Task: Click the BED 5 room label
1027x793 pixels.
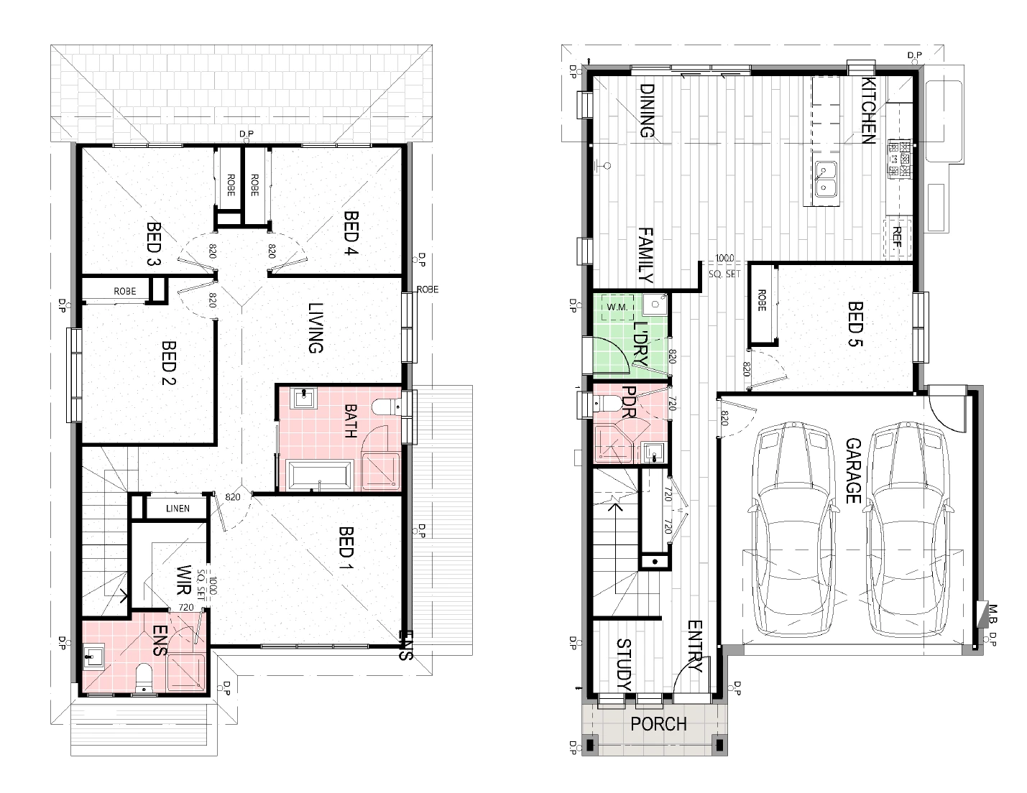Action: point(855,324)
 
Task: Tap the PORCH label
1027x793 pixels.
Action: point(658,723)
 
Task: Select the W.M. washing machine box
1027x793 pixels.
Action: point(617,307)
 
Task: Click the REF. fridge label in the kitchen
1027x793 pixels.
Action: point(897,237)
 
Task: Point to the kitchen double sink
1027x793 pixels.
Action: point(826,179)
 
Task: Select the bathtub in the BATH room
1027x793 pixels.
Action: point(321,475)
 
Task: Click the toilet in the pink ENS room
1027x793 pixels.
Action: point(143,678)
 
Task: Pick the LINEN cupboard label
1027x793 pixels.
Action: point(178,509)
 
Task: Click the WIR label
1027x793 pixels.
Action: point(183,580)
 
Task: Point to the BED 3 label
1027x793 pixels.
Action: point(154,244)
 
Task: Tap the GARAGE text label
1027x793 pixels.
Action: point(853,470)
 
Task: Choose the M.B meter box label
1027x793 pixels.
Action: point(992,613)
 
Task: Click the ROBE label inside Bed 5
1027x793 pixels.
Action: point(761,300)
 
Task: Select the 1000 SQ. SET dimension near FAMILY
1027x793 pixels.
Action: point(724,266)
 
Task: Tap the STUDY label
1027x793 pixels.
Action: point(625,664)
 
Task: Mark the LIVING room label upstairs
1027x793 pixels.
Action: point(316,328)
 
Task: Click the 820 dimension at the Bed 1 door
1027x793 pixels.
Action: point(233,497)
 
